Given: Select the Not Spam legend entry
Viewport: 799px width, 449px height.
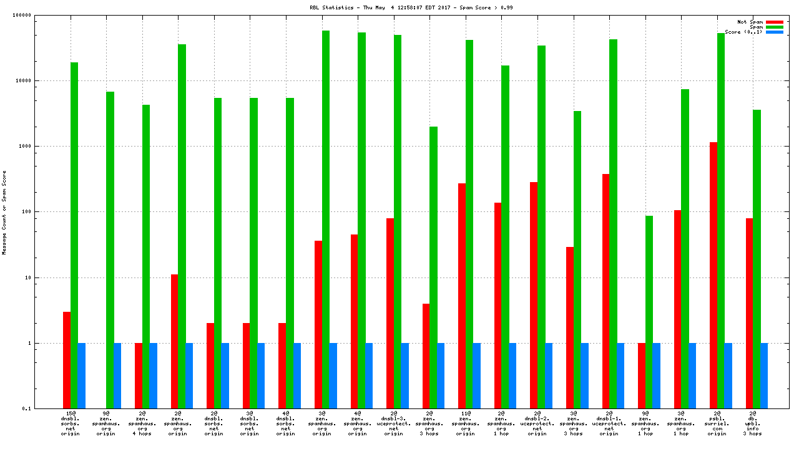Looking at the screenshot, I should [x=751, y=22].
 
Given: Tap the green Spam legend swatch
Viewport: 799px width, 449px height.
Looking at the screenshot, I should [x=774, y=27].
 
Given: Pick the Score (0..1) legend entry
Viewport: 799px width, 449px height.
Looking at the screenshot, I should [x=743, y=32].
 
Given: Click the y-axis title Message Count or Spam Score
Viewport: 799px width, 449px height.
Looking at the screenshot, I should [x=4, y=212].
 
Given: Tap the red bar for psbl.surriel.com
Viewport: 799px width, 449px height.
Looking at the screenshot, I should [x=713, y=275].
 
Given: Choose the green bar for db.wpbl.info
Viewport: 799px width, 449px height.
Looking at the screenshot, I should [x=757, y=259].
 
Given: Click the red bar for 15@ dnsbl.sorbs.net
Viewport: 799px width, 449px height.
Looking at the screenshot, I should [x=67, y=360].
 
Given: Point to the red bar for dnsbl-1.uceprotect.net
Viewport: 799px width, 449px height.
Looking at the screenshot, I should [x=605, y=291].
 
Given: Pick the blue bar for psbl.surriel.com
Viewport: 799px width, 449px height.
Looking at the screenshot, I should [x=728, y=375].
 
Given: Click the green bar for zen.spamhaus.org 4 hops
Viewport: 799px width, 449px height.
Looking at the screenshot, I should [x=146, y=256].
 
